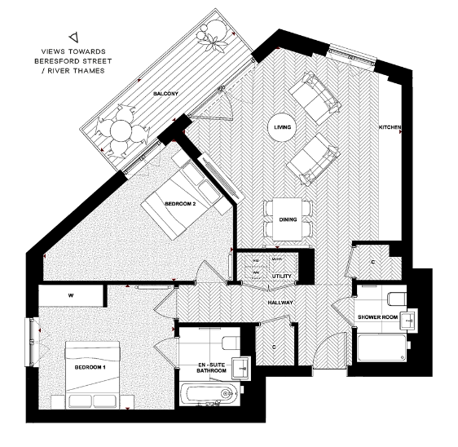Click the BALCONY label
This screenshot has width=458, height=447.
[165, 95]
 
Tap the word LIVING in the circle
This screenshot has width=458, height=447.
[283, 127]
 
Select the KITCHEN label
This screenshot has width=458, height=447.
[389, 128]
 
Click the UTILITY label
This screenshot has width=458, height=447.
[282, 276]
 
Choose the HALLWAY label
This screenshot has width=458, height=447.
[280, 303]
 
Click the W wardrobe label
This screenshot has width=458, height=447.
[72, 294]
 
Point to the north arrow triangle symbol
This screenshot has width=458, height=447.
[74, 36]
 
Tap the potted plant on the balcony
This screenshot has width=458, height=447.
[215, 33]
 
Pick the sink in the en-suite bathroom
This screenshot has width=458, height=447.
[241, 367]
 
